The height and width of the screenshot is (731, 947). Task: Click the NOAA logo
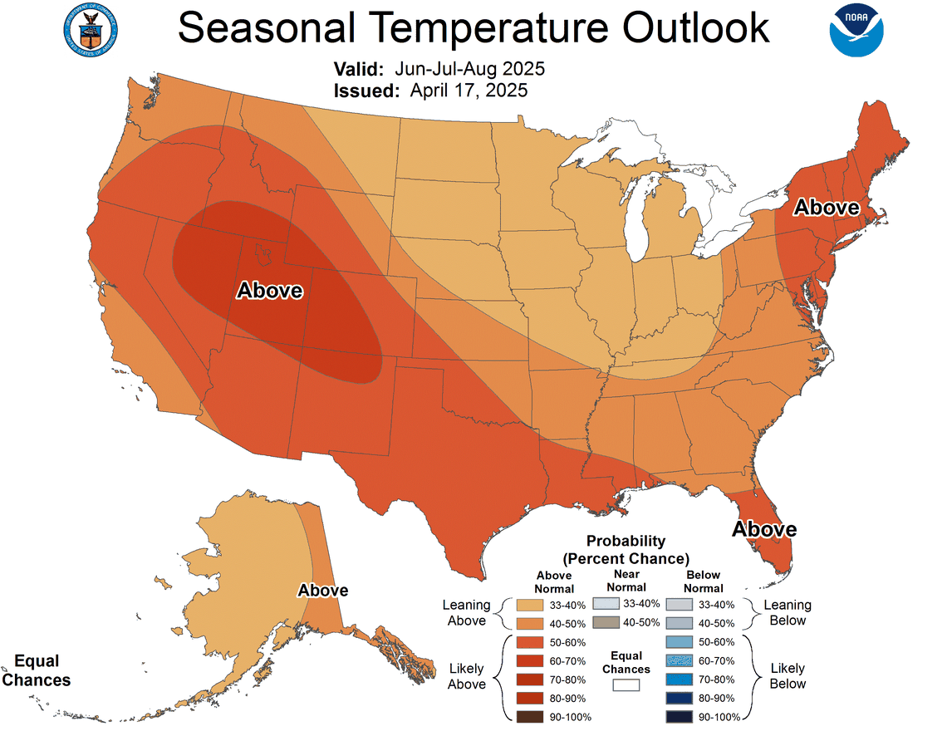click(856, 30)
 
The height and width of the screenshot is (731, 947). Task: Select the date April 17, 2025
click(469, 91)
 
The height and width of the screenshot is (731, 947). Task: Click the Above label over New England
click(826, 208)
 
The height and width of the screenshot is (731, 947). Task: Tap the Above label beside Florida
click(763, 529)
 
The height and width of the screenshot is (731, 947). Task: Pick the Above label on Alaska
click(323, 590)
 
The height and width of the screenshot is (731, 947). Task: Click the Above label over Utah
click(270, 291)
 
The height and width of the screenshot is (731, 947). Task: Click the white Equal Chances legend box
click(626, 685)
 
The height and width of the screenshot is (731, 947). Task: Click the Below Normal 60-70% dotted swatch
click(679, 660)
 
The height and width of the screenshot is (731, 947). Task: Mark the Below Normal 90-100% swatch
click(679, 716)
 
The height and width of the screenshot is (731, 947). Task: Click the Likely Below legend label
click(788, 675)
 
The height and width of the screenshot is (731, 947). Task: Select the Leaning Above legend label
click(467, 613)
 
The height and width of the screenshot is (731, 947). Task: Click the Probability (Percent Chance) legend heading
click(626, 549)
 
